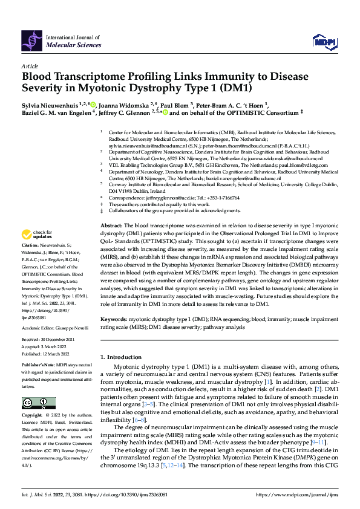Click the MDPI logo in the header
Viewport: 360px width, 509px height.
point(323,41)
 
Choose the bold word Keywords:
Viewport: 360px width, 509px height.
point(114,319)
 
